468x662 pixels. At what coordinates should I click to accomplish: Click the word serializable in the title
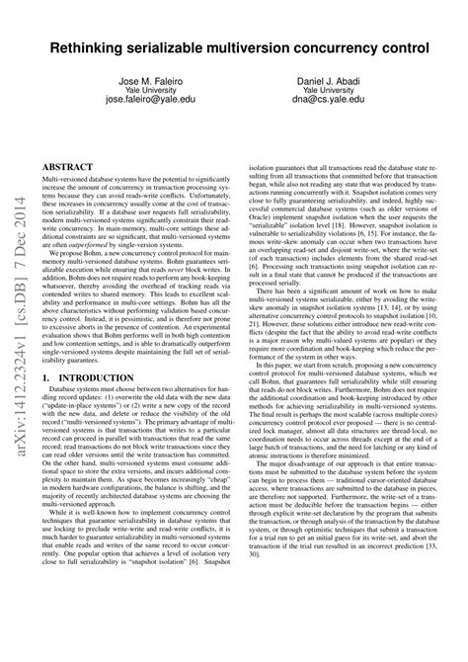(x=174, y=47)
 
